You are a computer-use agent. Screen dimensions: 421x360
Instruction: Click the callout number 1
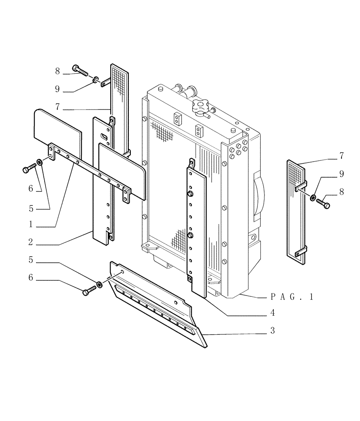[x=31, y=225]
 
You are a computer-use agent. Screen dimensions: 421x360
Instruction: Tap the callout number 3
[x=273, y=331]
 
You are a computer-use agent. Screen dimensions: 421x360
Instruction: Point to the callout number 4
[x=273, y=313]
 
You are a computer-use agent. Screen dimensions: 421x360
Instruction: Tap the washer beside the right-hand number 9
[x=314, y=197]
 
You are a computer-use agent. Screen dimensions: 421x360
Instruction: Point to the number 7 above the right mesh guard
[x=341, y=156]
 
